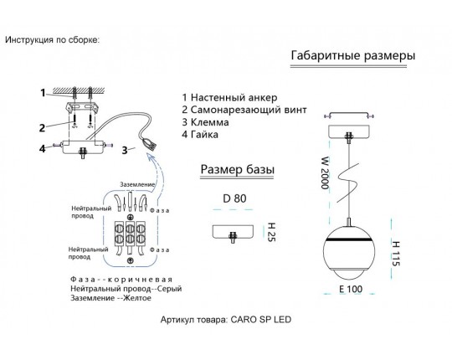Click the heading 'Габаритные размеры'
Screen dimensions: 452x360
click(x=353, y=55)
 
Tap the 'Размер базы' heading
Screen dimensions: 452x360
click(x=237, y=169)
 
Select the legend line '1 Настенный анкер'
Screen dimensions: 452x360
click(x=229, y=98)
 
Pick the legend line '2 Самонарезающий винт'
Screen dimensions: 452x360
click(x=244, y=111)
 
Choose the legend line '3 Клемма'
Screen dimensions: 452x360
click(x=206, y=122)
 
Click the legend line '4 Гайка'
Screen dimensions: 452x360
click(x=200, y=135)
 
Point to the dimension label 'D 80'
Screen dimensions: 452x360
click(x=234, y=198)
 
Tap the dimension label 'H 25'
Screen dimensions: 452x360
click(x=271, y=232)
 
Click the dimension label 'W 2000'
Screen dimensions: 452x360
click(x=325, y=172)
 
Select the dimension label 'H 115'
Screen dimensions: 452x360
click(x=396, y=254)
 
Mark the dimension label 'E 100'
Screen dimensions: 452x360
click(x=351, y=289)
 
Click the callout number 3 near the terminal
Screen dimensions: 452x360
click(x=125, y=150)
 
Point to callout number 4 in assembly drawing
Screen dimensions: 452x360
click(x=43, y=149)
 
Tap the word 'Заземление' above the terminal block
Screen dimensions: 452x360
click(x=137, y=184)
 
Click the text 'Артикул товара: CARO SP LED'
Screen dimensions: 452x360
click(x=226, y=319)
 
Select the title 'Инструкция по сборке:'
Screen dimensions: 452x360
click(x=52, y=40)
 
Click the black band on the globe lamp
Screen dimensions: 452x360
click(x=348, y=239)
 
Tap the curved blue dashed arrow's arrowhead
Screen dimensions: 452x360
click(x=150, y=157)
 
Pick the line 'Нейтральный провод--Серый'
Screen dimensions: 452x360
click(x=126, y=289)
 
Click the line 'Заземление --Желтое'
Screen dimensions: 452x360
click(x=110, y=298)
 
